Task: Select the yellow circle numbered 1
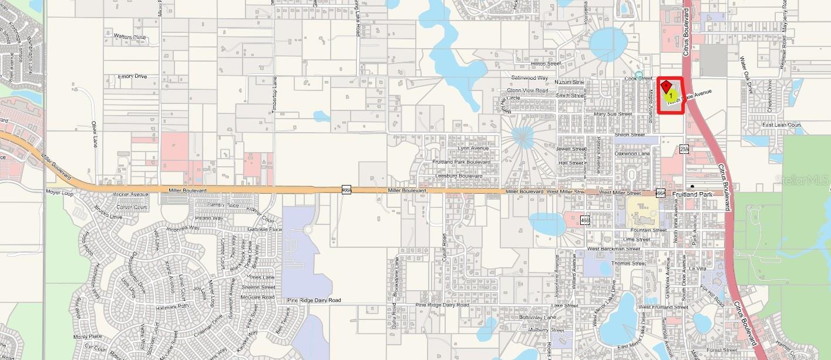670,95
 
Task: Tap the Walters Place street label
130,37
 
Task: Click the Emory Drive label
132,76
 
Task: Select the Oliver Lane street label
94,134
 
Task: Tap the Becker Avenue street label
132,194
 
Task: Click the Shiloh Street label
630,134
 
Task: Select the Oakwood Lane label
631,154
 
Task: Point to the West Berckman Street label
614,249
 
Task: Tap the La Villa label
698,268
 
